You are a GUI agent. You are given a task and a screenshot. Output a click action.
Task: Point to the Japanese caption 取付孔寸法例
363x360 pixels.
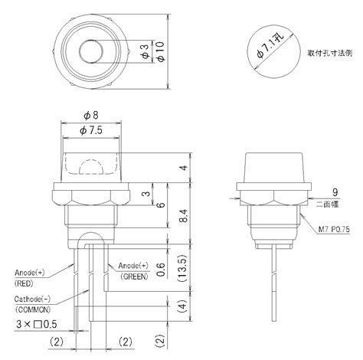click(x=330, y=54)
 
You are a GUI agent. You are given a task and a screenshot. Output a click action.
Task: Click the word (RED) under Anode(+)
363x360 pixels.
click(x=28, y=282)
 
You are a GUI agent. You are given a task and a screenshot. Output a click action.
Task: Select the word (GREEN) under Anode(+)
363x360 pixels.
click(x=135, y=275)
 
